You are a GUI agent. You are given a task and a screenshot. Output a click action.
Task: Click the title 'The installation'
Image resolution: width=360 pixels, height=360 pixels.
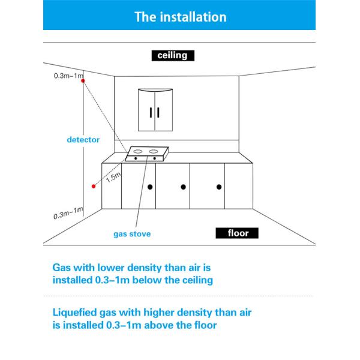(179, 17)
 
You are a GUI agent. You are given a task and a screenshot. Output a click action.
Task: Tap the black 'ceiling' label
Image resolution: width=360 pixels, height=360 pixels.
(173, 56)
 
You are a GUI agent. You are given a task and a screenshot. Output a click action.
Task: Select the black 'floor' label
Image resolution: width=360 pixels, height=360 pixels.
(236, 233)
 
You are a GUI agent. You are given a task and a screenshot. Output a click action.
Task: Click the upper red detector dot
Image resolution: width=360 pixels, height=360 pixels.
(83, 81)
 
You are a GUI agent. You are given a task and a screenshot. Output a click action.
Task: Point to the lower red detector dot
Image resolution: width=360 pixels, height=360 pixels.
(93, 187)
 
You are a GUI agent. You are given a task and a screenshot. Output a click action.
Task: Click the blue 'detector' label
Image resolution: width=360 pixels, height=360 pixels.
(83, 139)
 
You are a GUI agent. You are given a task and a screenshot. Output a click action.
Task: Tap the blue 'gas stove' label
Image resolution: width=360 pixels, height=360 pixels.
(132, 234)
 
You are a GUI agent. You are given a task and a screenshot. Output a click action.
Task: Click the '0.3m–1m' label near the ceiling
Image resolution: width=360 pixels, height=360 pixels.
(68, 76)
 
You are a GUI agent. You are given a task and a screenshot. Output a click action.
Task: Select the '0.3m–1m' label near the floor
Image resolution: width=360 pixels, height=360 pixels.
(68, 213)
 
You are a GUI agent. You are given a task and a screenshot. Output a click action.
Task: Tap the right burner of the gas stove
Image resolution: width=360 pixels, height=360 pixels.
(154, 150)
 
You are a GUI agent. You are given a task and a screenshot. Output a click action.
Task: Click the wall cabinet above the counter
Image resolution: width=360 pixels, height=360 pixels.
(154, 109)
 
